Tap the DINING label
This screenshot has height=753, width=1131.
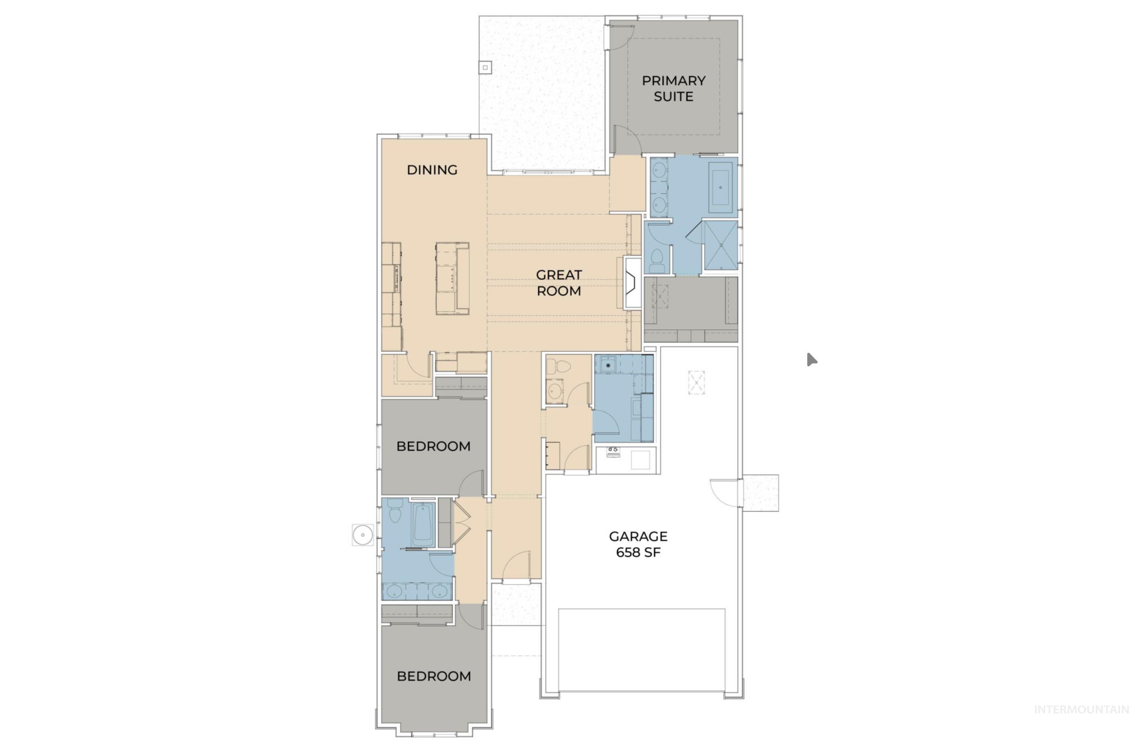pyautogui.click(x=431, y=170)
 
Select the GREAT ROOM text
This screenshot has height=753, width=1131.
pyautogui.click(x=558, y=283)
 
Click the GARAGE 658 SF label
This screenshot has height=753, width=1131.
pyautogui.click(x=637, y=544)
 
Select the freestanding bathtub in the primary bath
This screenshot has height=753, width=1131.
pyautogui.click(x=720, y=187)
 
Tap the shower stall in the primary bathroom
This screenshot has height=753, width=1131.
pyautogui.click(x=720, y=245)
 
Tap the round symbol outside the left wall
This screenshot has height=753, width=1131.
pyautogui.click(x=363, y=535)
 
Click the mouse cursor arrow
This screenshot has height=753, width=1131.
pyautogui.click(x=811, y=359)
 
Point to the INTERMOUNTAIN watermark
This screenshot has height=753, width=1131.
pyautogui.click(x=1081, y=723)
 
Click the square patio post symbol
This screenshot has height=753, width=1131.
pyautogui.click(x=485, y=68)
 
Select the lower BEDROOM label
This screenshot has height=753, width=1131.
pyautogui.click(x=433, y=676)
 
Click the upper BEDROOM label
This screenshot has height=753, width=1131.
pyautogui.click(x=433, y=446)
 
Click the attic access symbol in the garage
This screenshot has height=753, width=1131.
pyautogui.click(x=696, y=383)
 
